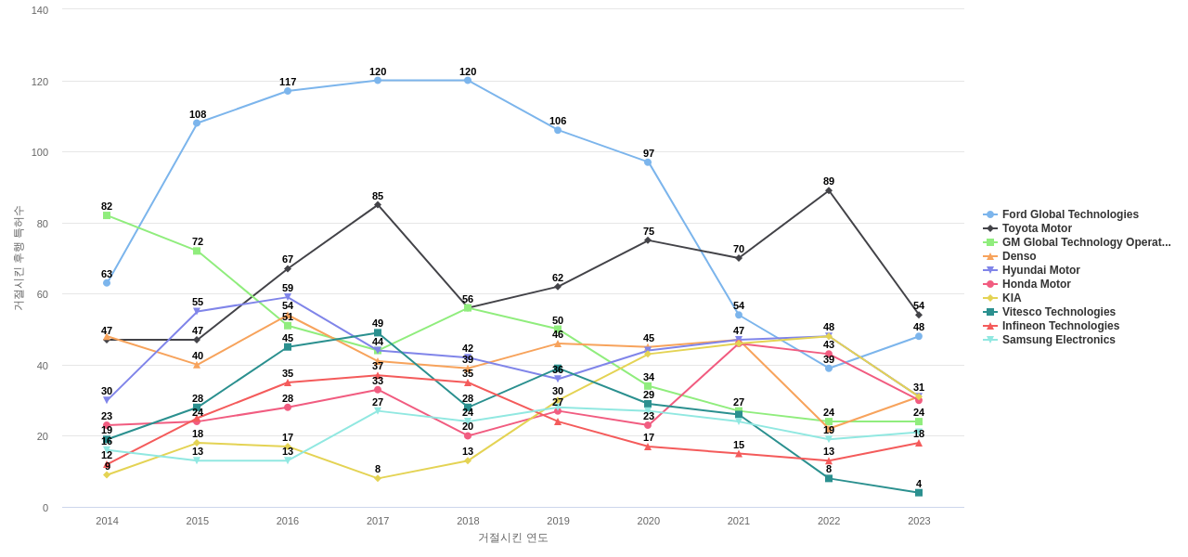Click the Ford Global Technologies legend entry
pos(1069,214)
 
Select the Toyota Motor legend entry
pos(1036,228)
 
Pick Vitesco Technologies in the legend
pos(1058,312)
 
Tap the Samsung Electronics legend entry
pos(1058,340)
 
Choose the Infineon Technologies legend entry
pos(1060,326)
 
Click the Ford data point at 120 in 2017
pos(378,81)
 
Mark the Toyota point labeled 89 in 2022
pos(829,191)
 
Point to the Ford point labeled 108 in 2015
pos(197,123)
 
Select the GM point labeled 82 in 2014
pos(107,215)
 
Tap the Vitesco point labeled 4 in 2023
pos(919,493)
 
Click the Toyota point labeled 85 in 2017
pos(378,205)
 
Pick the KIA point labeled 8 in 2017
pos(378,479)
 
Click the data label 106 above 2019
pos(558,121)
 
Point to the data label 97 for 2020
pos(649,153)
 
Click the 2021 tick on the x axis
pos(739,521)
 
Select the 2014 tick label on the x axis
pos(107,521)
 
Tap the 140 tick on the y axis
pos(40,10)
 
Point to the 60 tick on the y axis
pos(43,294)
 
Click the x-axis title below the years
pos(512,538)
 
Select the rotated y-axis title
pos(19,258)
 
